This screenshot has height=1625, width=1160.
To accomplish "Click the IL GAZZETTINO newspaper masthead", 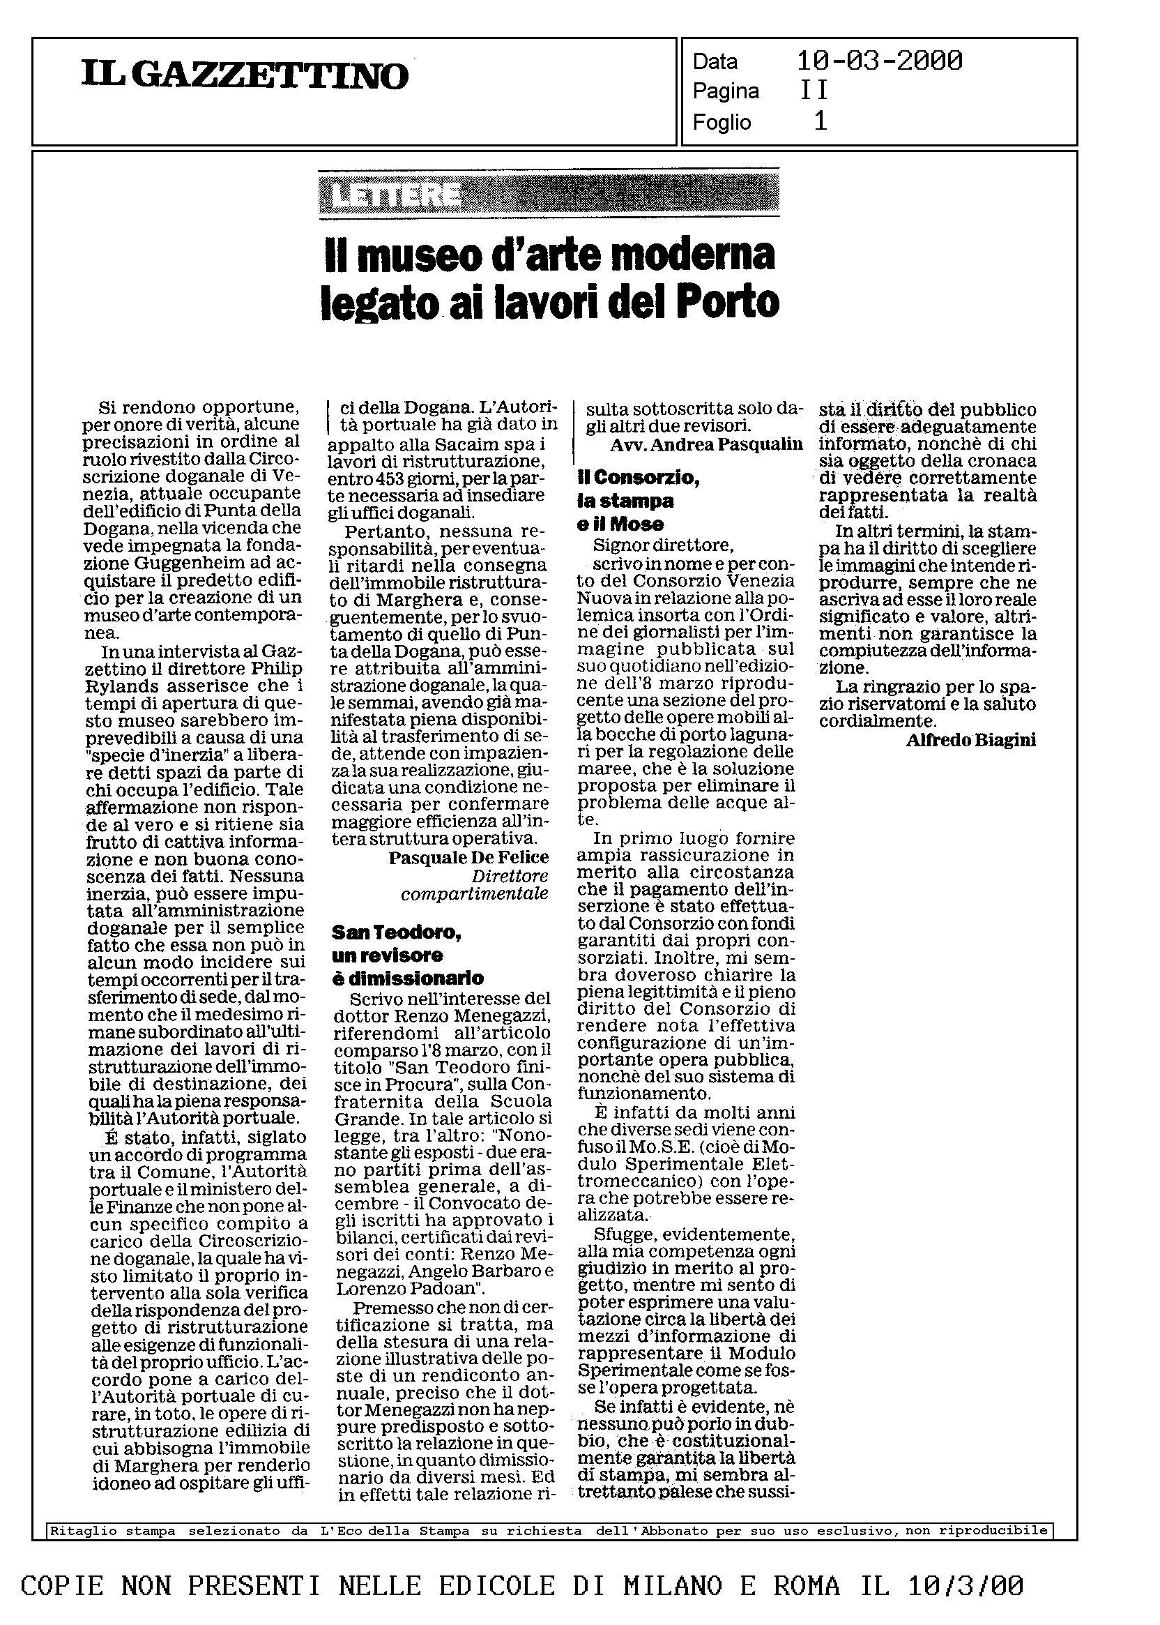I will [245, 76].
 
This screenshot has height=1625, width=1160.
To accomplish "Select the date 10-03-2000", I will [879, 61].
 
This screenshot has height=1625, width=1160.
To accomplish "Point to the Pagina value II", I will [814, 91].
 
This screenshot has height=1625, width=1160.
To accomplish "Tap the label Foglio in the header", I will [722, 122].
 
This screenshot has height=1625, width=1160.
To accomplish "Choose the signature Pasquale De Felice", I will [468, 858].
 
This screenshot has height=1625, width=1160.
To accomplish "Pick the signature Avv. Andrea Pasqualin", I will [705, 444].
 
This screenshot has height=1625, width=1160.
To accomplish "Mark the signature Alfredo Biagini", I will [970, 741].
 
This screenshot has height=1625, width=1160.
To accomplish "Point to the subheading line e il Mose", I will [620, 524].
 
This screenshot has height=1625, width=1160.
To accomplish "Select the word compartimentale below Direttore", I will [474, 894].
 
